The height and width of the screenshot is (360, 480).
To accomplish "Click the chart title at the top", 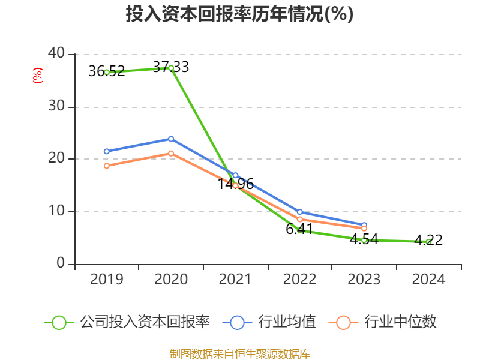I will [x=239, y=14].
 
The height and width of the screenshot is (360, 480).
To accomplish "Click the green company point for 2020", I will [x=171, y=68].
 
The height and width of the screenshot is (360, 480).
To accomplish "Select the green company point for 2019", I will [x=107, y=72].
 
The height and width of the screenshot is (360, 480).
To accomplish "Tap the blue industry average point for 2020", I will [x=171, y=139].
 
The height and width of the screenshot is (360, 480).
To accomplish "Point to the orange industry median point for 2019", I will [x=107, y=166].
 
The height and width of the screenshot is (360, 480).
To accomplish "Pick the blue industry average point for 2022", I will [x=299, y=212].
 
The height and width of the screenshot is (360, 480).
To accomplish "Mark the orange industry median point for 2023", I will [x=364, y=229].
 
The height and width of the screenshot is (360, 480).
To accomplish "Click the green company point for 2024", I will [x=428, y=242].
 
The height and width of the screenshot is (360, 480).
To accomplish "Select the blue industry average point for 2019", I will [x=107, y=151].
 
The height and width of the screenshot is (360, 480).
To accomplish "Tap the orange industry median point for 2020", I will [x=171, y=154].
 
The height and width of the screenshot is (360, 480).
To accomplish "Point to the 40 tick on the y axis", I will [x=56, y=53].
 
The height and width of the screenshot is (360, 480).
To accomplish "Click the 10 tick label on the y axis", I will [x=56, y=211].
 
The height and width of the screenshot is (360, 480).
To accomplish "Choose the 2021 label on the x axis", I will [x=235, y=280].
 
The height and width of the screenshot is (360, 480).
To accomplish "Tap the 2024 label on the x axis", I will [x=428, y=280].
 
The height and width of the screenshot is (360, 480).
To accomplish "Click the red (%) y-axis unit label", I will [x=38, y=76].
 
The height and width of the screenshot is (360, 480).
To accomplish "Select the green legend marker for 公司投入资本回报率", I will [x=59, y=322].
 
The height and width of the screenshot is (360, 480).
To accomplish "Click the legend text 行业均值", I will [x=287, y=322].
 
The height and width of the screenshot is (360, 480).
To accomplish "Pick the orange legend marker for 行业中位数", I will [x=343, y=322].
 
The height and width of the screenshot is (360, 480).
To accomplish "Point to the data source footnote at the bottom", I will [x=239, y=353].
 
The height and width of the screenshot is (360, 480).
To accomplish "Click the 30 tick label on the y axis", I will [x=56, y=107].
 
